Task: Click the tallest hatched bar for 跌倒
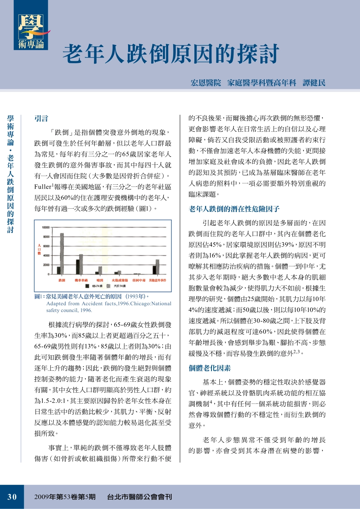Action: pyautogui.click(x=62, y=254)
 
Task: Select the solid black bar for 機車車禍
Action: pyautogui.click(x=78, y=267)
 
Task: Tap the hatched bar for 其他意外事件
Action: pyautogui.click(x=157, y=267)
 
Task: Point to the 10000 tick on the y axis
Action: pyautogui.click(x=46, y=228)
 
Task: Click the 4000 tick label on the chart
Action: pyautogui.click(x=46, y=256)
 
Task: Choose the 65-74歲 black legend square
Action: pyautogui.click(x=87, y=286)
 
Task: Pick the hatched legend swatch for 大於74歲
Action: pyautogui.click(x=109, y=286)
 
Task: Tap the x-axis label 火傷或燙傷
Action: pyautogui.click(x=119, y=280)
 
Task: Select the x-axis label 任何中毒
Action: pyautogui.click(x=139, y=280)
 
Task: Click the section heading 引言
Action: pyautogui.click(x=41, y=119)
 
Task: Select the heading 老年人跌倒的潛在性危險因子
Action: pyautogui.click(x=234, y=209)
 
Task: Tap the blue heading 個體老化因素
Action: pyautogui.click(x=210, y=368)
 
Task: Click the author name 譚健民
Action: pyautogui.click(x=314, y=83)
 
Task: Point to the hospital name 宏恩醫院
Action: pyautogui.click(x=206, y=83)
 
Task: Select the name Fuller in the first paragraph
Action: pyautogui.click(x=42, y=187)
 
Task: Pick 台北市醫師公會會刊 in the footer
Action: pyautogui.click(x=139, y=497)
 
